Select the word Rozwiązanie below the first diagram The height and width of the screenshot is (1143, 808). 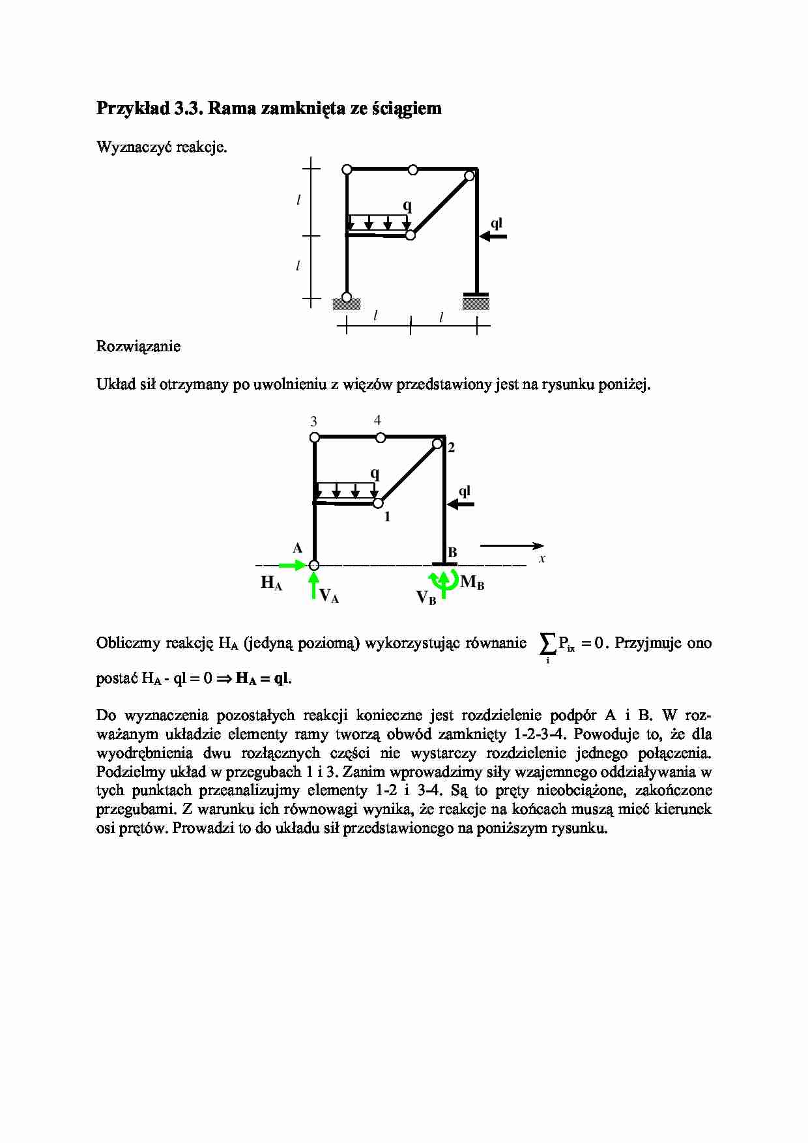click(x=138, y=347)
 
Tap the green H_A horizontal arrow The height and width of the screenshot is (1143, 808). click(x=292, y=565)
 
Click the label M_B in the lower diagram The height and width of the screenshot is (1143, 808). click(x=472, y=583)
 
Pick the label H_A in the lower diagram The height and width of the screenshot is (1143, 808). click(x=271, y=583)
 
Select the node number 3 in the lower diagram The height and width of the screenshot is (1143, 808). click(x=313, y=422)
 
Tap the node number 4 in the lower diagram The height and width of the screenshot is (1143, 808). click(x=377, y=420)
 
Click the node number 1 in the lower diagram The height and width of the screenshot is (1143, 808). click(x=387, y=517)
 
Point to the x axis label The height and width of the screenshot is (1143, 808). click(x=542, y=559)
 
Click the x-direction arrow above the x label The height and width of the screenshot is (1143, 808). click(x=512, y=545)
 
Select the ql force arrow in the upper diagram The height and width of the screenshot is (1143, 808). click(x=493, y=237)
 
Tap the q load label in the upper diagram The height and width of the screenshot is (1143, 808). click(x=407, y=206)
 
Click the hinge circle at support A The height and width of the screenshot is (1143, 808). click(x=314, y=566)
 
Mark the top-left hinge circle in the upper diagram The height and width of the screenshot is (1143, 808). click(x=347, y=170)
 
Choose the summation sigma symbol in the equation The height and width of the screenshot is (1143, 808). click(x=547, y=644)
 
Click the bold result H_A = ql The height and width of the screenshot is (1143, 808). click(x=263, y=679)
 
